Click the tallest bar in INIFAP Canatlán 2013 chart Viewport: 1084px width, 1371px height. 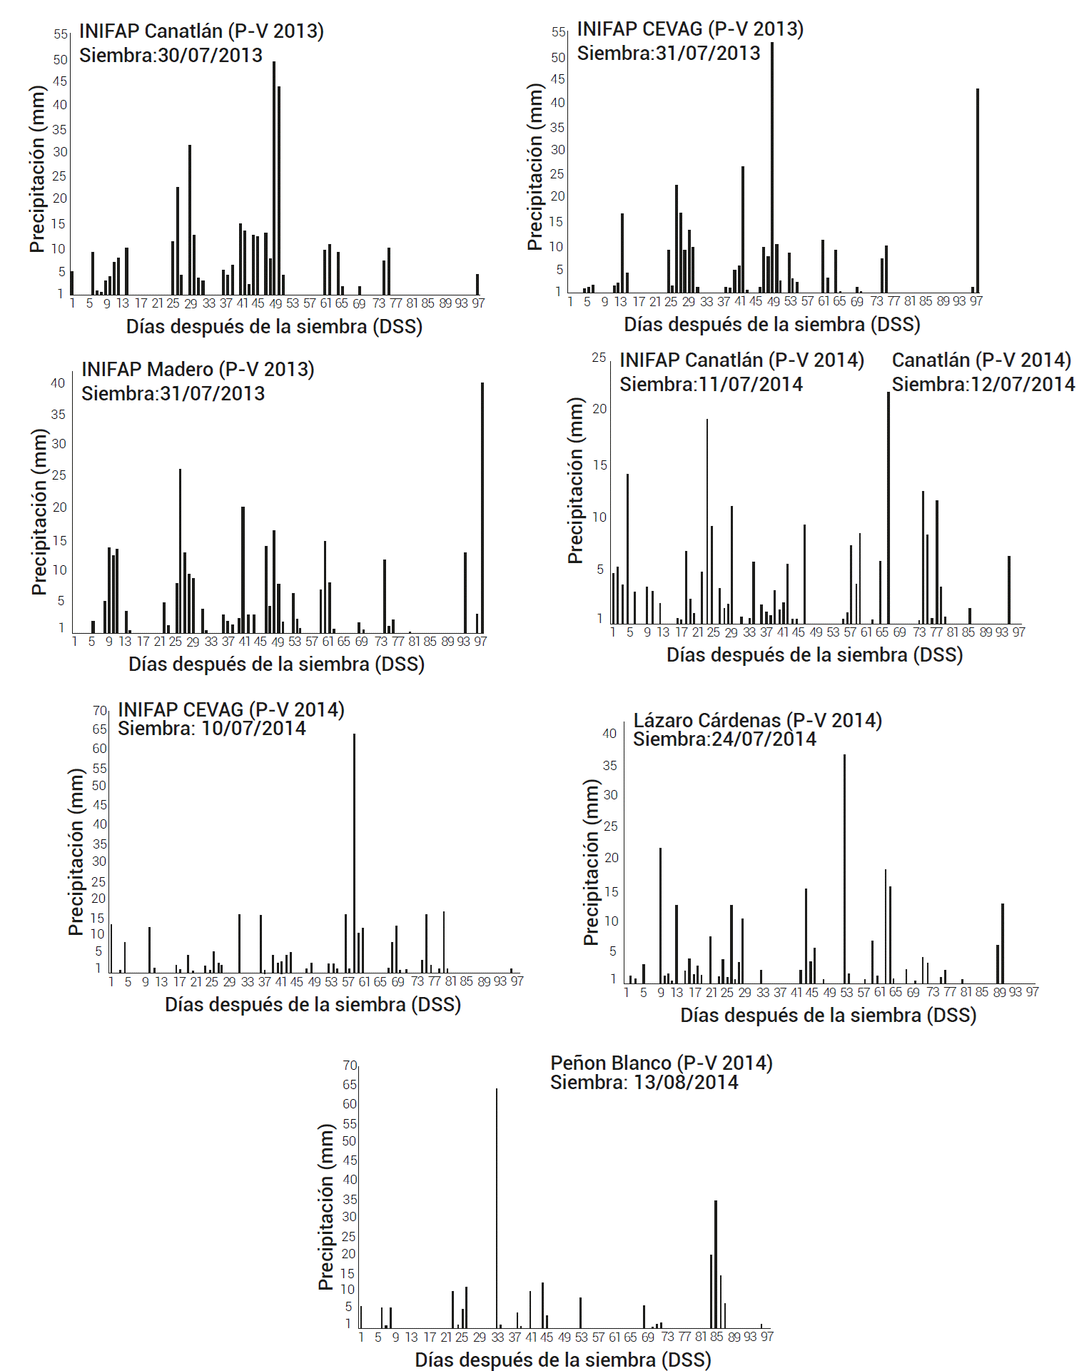[274, 178]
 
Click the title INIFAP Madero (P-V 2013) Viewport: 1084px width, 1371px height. [198, 369]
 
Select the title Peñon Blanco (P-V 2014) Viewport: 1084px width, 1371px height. [661, 1063]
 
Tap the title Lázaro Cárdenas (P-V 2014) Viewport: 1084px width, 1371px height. [757, 720]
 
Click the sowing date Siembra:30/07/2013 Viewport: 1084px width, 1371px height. [171, 55]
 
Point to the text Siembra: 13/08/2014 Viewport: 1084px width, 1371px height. [644, 1082]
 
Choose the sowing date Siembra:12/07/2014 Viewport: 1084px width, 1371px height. [983, 384]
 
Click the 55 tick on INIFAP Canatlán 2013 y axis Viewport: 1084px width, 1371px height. [60, 34]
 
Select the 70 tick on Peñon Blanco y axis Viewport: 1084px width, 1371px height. [350, 1065]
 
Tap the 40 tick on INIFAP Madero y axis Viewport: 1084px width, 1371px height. [58, 383]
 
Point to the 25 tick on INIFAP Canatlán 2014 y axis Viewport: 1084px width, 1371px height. [599, 358]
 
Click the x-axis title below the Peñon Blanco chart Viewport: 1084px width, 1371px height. [563, 1360]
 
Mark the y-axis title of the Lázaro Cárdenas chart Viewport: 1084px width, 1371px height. [591, 862]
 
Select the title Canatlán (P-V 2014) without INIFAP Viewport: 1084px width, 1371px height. [981, 360]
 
